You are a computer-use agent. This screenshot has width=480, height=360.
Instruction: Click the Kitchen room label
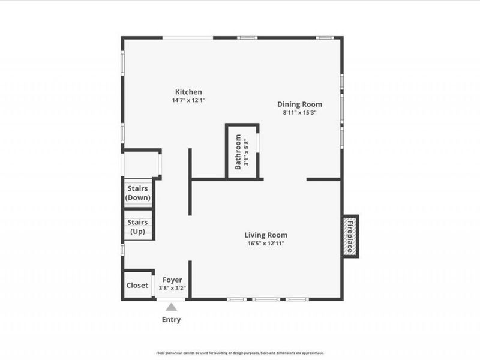188,92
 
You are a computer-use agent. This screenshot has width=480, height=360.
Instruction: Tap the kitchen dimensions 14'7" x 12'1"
188,100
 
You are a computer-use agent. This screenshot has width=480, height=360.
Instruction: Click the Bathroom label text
238,152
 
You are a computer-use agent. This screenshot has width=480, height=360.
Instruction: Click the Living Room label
266,235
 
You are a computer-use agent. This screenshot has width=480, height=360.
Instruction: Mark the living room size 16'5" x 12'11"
266,244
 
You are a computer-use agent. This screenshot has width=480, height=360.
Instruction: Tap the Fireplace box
350,236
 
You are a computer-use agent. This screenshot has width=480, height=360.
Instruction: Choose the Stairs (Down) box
138,193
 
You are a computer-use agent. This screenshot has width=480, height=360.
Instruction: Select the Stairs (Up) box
138,226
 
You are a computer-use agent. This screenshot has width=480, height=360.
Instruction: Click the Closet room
137,286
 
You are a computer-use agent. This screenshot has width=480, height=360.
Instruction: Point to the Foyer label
172,280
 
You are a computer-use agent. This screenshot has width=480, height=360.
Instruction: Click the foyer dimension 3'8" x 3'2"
172,288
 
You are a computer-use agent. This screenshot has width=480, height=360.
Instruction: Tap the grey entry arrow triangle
172,307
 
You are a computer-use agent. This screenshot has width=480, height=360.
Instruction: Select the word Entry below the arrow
172,320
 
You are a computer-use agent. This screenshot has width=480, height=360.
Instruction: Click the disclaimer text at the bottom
240,353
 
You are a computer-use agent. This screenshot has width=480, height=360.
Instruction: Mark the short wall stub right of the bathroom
324,179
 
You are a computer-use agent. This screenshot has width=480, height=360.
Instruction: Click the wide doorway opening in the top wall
188,38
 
